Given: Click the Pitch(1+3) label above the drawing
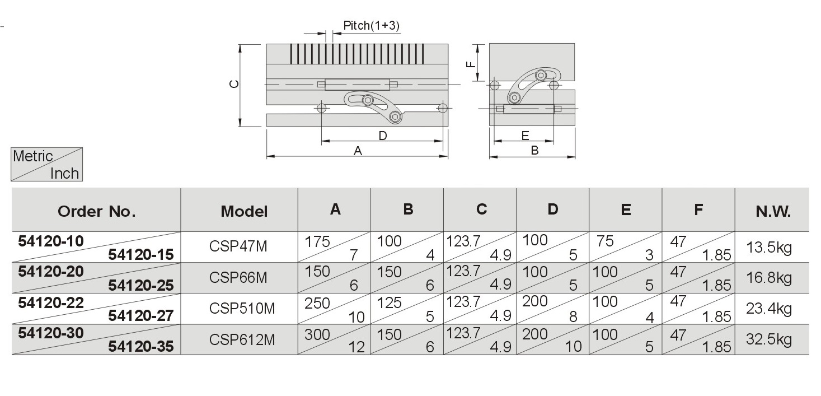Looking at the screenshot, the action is (371, 25).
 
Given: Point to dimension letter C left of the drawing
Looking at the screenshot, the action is (234, 84).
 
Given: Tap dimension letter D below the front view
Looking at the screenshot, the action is (383, 136).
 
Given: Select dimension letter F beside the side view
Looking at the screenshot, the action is (471, 64).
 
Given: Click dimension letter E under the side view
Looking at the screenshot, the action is (525, 136).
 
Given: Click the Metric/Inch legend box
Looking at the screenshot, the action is (46, 164).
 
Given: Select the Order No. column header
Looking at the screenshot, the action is (97, 211).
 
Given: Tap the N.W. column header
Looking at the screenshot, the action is (773, 211).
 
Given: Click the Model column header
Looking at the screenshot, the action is (244, 211).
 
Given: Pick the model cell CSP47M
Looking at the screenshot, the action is (238, 246).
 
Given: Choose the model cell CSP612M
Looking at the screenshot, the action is (242, 339).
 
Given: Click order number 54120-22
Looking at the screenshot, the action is (51, 302).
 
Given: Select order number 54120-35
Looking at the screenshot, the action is (140, 346).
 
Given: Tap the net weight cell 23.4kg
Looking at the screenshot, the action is (769, 309).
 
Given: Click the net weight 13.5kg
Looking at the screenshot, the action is (769, 248).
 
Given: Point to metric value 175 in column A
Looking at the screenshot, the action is (317, 241).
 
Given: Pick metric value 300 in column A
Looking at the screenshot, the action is (317, 334).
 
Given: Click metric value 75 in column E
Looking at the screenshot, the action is (605, 241).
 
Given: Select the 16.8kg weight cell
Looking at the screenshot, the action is (769, 278).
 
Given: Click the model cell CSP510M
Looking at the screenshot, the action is (242, 309).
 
